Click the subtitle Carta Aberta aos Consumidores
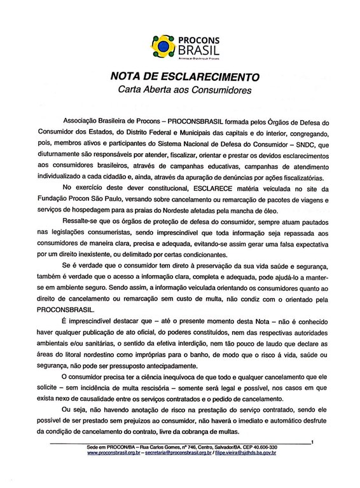[180, 90]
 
